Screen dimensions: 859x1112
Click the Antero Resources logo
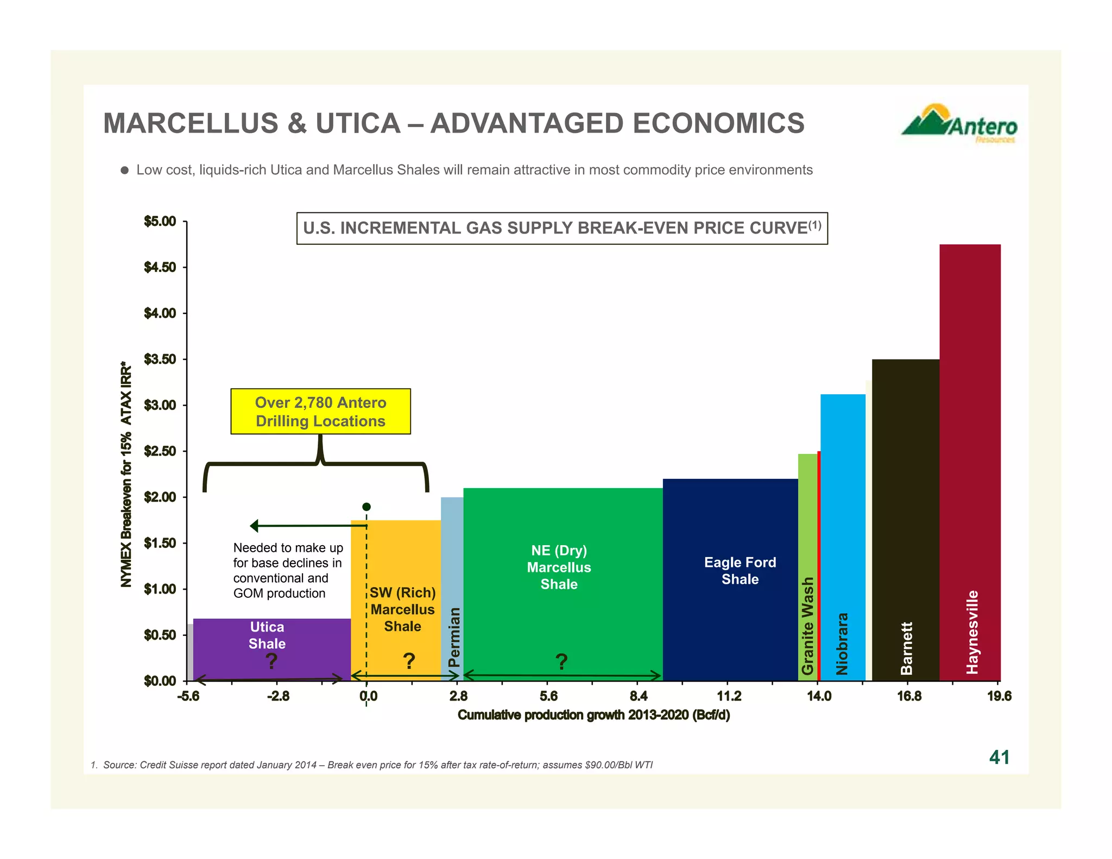959,123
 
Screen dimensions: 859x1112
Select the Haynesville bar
970,462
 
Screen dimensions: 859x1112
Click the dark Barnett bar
905,516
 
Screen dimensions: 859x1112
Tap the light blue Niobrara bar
843,532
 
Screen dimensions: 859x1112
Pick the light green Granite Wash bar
807,565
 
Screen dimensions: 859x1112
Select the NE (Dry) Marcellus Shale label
559,567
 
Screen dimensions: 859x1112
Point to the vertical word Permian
454,636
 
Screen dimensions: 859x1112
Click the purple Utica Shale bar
271,649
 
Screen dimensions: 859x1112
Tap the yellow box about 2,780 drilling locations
320,412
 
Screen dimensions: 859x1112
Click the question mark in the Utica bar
271,661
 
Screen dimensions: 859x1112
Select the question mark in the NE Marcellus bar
561,661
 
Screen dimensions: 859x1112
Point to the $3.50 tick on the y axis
160,359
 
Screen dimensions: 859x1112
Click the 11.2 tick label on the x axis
728,696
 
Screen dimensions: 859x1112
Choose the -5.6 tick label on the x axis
188,696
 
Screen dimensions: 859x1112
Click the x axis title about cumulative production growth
593,715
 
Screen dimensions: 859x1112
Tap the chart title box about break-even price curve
562,228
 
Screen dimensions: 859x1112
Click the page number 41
999,757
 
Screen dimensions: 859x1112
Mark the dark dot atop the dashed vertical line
367,507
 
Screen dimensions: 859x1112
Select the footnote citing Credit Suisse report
372,765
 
